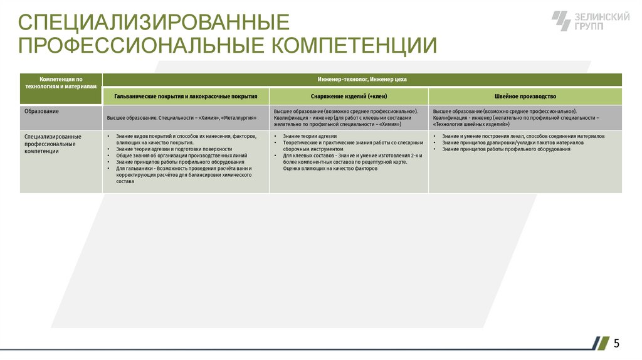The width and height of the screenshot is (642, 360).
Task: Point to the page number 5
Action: coord(617,343)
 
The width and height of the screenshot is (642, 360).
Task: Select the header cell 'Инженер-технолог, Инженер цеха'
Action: coord(362,80)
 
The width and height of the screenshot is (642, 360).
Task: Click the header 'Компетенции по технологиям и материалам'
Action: coord(61,83)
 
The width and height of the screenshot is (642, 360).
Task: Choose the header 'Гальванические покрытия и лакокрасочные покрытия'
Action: coord(186,97)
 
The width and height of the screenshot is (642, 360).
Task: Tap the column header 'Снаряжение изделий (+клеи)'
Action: coord(349,97)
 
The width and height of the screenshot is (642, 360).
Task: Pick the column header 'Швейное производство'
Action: coord(525,97)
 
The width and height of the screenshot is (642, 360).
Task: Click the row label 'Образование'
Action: coord(41,112)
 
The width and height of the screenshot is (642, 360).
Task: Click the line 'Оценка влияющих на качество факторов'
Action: coord(330,169)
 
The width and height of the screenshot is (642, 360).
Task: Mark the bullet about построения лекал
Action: coord(523,136)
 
